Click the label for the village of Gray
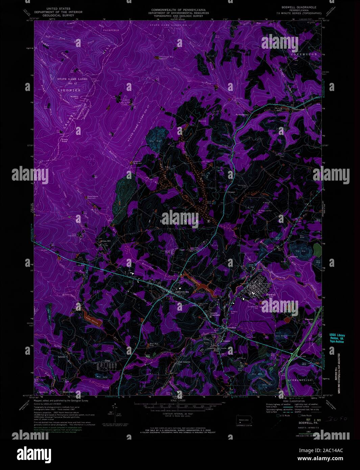point(108,361)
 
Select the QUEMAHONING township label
point(299,380)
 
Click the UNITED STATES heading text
point(58,8)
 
